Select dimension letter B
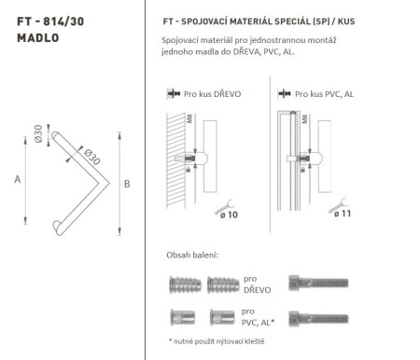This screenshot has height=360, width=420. tap(127, 185)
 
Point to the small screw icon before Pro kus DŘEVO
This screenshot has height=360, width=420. tap(172, 94)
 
